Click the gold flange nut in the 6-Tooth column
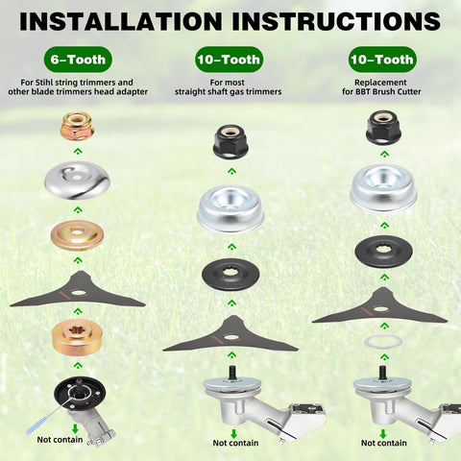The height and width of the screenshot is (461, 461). (x=77, y=127)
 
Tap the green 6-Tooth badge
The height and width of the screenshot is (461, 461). (x=78, y=60)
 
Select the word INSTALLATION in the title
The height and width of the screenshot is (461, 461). (x=121, y=21)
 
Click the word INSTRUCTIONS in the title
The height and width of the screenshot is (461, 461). (x=336, y=21)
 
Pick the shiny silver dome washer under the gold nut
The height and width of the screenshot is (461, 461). (x=77, y=181)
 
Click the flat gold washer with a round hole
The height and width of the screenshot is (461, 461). (x=77, y=236)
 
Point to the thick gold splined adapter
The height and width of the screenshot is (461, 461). (x=77, y=339)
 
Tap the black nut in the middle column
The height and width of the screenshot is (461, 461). (x=231, y=141)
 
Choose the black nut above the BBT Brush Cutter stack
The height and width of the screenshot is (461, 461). (x=384, y=127)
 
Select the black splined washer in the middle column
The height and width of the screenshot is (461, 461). (x=230, y=274)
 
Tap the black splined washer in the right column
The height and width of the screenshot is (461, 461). (x=383, y=252)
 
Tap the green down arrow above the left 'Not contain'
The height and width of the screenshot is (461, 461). (x=75, y=428)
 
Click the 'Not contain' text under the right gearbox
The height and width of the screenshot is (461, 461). (x=384, y=443)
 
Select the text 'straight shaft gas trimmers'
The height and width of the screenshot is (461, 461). (x=229, y=92)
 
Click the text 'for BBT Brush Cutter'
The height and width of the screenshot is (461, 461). (x=381, y=92)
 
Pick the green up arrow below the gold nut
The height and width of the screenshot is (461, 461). (x=78, y=152)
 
